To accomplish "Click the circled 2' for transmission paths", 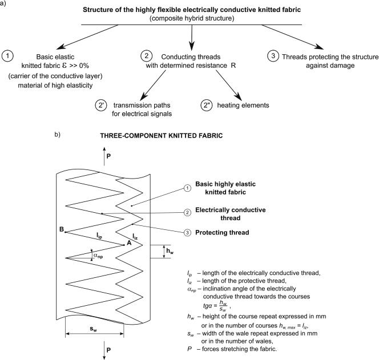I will [x=101, y=106].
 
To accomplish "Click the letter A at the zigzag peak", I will [x=129, y=242].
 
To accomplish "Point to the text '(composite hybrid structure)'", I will [x=191, y=18].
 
